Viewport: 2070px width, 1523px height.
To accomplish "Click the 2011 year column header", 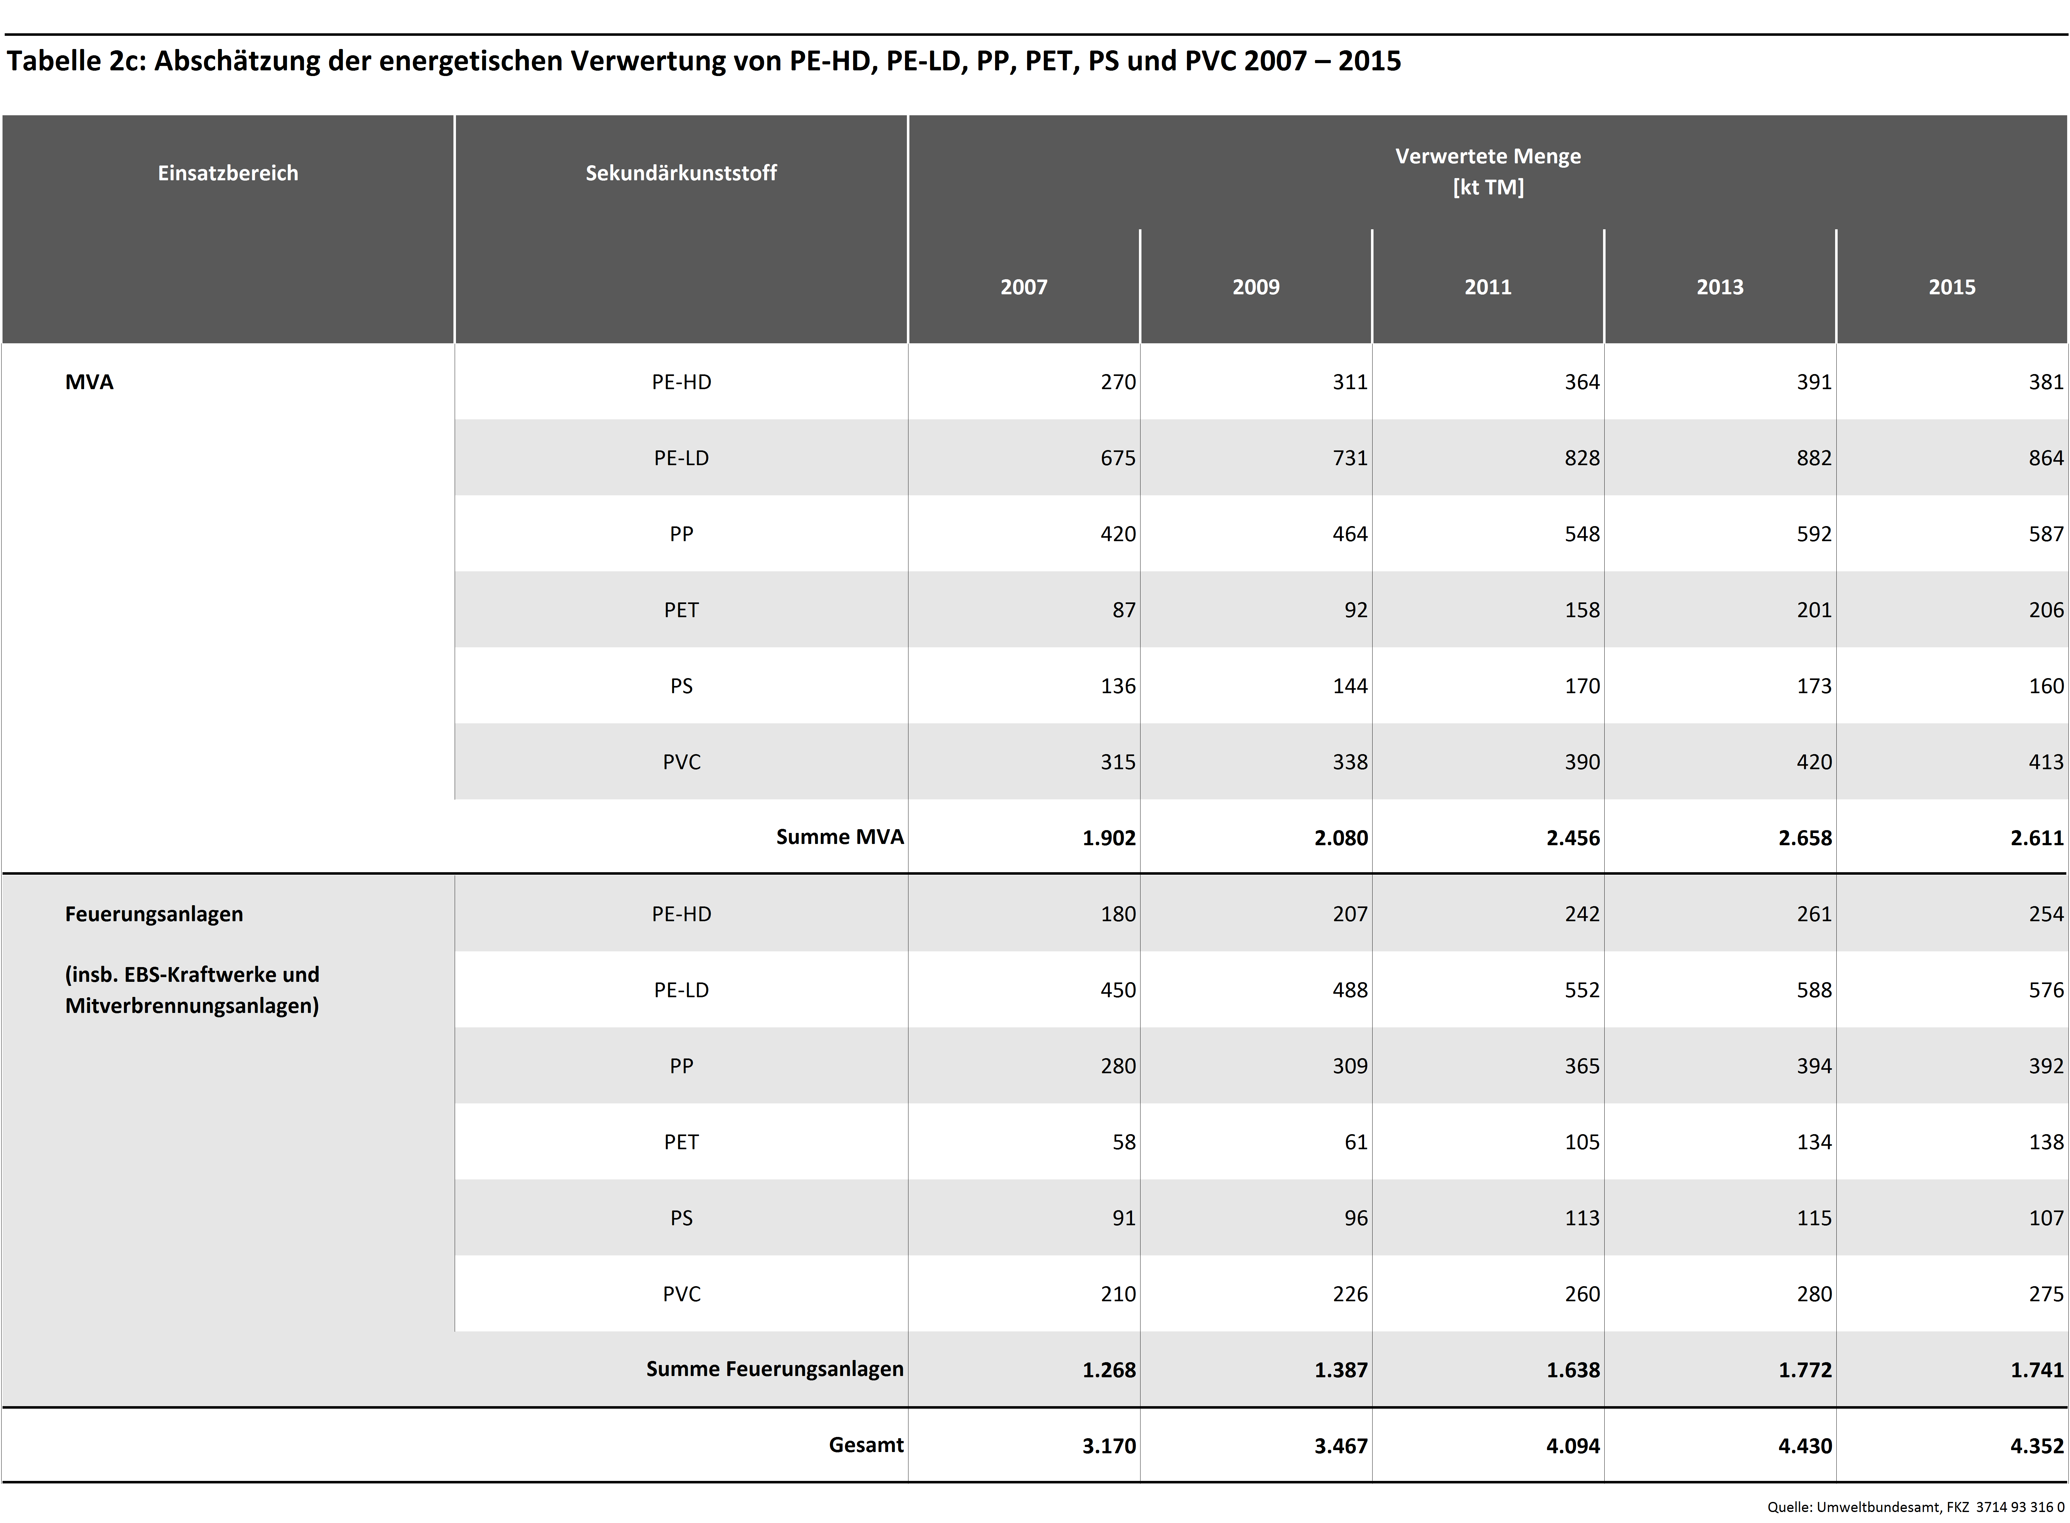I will pos(1487,287).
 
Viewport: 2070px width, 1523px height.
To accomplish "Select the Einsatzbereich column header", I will pos(228,173).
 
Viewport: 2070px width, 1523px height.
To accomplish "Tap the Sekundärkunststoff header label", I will pos(681,173).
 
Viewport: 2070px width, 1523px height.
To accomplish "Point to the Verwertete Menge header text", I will pos(1487,157).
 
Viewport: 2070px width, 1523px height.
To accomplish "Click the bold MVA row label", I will pos(89,382).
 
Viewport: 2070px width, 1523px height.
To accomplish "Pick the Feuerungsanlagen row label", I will pos(154,914).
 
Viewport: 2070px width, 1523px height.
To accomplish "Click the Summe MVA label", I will pos(840,837).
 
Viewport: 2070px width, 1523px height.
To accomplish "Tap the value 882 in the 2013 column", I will pos(1814,458).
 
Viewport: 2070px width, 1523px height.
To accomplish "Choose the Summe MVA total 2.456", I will pos(1573,838).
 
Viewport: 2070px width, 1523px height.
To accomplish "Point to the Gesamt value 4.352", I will pos(2037,1445).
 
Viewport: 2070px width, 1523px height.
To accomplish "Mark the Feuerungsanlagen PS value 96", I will pos(1356,1218).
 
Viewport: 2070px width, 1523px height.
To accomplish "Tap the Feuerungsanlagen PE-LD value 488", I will pos(1350,990).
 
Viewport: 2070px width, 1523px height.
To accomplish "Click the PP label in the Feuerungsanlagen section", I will pos(681,1066).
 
